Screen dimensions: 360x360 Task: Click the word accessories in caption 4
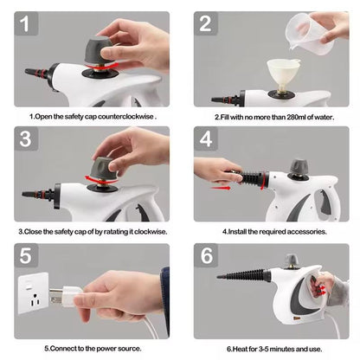303,231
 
